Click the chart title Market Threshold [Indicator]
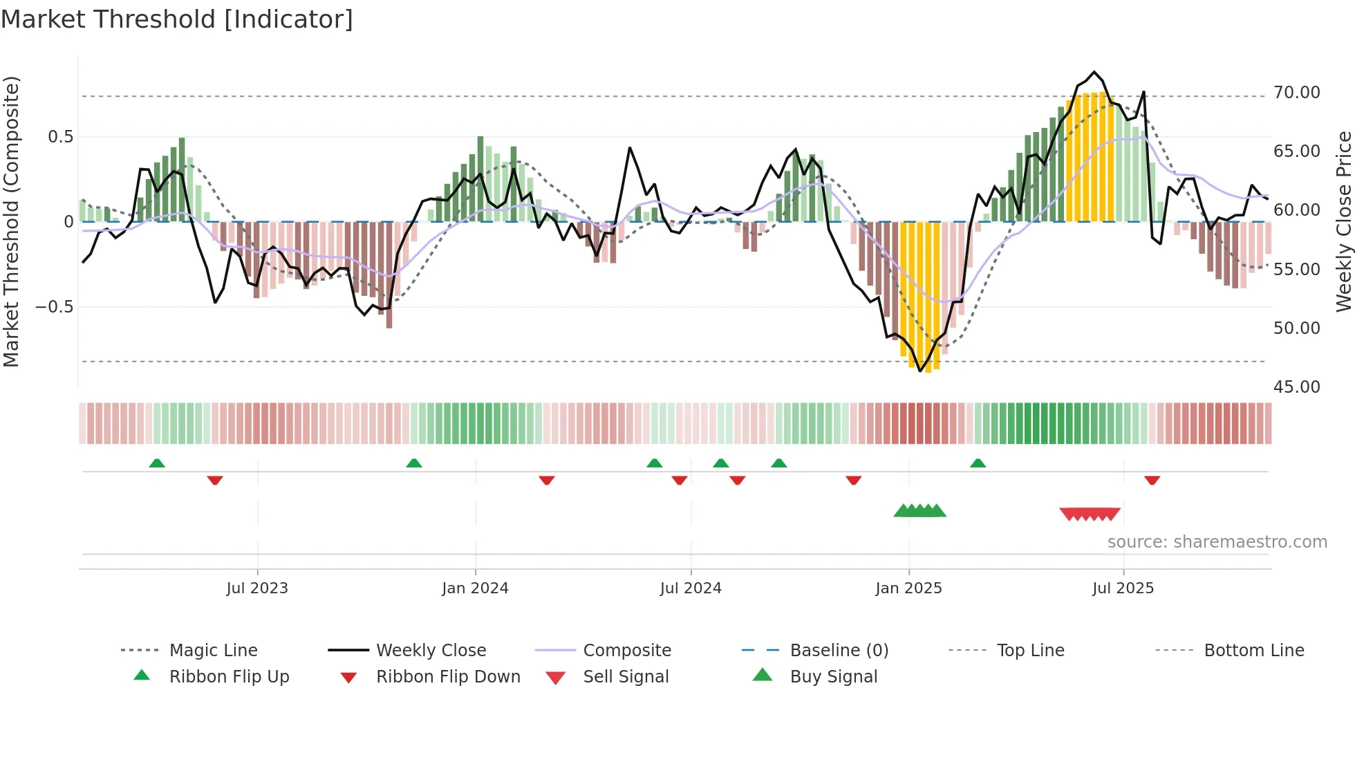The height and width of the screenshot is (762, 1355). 177,19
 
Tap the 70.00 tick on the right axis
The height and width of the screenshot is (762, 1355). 1296,93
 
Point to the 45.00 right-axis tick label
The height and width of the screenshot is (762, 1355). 1296,387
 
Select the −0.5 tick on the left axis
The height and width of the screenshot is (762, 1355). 54,307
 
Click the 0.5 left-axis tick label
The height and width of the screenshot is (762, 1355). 60,137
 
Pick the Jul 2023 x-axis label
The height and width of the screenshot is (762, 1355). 256,588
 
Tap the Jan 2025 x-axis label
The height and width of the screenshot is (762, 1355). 908,588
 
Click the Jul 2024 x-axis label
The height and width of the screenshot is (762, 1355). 691,588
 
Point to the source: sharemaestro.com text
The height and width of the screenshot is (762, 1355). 1217,542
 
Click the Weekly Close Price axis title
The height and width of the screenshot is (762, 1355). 1343,221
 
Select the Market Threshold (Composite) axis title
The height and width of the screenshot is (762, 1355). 11,221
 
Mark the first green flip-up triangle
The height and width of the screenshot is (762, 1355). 157,463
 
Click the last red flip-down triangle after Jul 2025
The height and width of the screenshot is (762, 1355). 1152,480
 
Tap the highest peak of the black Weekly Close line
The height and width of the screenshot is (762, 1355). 1094,72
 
